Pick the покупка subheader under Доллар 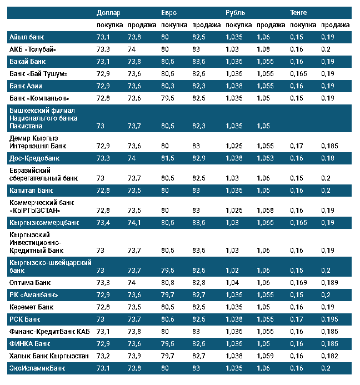[109, 25]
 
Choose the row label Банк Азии [26, 86]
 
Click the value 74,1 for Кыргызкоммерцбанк [136, 222]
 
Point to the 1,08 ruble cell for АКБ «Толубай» [264, 49]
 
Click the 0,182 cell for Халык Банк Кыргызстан [329, 356]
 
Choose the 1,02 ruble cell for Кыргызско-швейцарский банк [233, 270]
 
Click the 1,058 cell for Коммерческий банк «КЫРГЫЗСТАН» [266, 210]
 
